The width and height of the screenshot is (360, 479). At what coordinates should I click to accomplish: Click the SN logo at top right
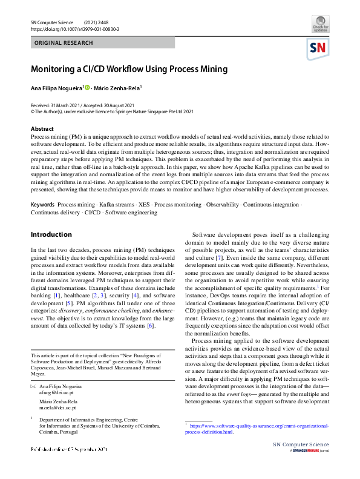click(317, 48)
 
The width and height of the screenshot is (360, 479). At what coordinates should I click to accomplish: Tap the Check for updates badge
click(320, 24)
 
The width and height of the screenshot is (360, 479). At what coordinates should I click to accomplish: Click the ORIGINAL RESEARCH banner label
click(64, 43)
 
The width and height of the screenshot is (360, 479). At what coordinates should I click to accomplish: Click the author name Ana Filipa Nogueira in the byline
click(56, 88)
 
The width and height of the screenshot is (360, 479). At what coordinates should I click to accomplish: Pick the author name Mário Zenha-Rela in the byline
click(119, 88)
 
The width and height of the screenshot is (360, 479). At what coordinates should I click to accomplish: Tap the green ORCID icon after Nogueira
click(87, 88)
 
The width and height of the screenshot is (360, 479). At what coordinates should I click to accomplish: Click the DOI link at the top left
click(74, 28)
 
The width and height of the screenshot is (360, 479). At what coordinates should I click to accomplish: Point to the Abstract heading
click(42, 129)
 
